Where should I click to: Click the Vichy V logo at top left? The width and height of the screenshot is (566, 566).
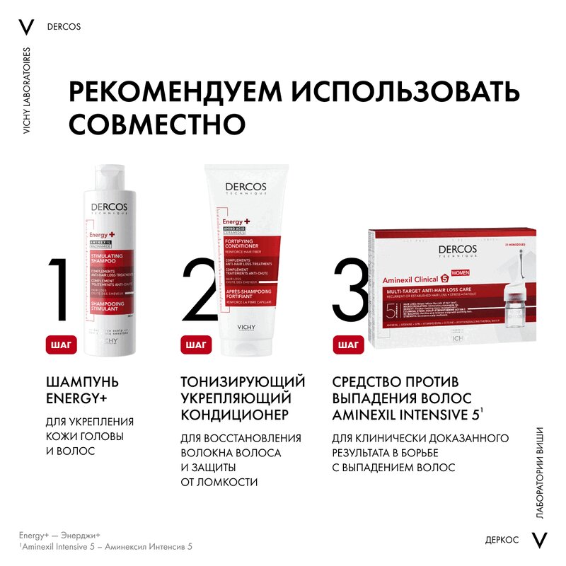point(26,27)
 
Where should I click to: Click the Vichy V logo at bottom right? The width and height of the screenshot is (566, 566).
point(541,540)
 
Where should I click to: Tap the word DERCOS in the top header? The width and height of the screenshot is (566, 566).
point(64,28)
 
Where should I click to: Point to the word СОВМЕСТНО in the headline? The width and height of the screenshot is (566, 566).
point(156,123)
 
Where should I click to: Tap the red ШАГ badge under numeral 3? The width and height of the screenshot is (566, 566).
point(348,345)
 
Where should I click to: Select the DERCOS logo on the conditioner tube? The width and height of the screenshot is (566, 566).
point(245,188)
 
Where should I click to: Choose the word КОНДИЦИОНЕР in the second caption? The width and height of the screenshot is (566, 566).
point(226,414)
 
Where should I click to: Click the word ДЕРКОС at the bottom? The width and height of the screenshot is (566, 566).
point(502,540)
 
